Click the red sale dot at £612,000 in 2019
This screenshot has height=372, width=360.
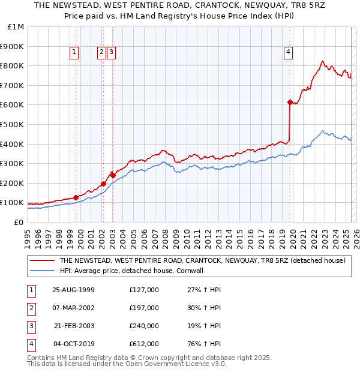pos(290,103)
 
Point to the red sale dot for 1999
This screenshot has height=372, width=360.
pos(76,197)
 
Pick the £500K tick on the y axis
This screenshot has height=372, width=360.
pos(13,124)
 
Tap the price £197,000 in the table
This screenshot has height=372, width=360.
pos(144,308)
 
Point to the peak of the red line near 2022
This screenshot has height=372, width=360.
pos(323,61)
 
